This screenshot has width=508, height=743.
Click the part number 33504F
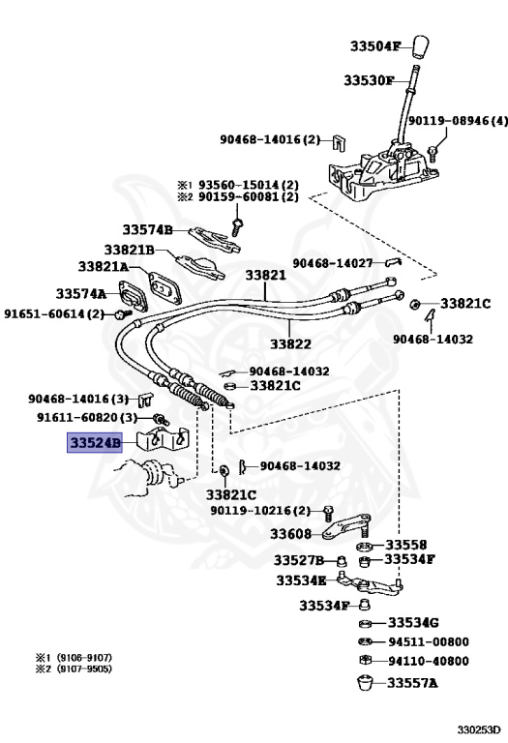pyautogui.click(x=380, y=45)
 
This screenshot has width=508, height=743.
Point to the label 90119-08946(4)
pyautogui.click(x=457, y=121)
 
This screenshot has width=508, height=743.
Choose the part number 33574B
pyautogui.click(x=147, y=229)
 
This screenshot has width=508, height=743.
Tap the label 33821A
pyautogui.click(x=103, y=266)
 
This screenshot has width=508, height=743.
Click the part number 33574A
pyautogui.click(x=80, y=293)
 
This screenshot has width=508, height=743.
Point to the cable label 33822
pyautogui.click(x=290, y=342)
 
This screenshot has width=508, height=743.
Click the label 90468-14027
pyautogui.click(x=333, y=262)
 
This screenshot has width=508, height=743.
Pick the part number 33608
pyautogui.click(x=290, y=533)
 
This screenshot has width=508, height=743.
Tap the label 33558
pyautogui.click(x=406, y=545)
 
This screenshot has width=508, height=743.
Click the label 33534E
pyautogui.click(x=301, y=580)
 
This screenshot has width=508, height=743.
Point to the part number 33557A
pyautogui.click(x=413, y=683)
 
